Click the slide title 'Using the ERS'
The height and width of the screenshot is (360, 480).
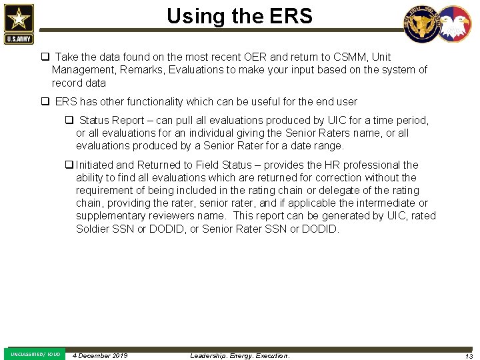(x=239, y=16)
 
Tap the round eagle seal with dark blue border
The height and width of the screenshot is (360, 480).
(x=421, y=25)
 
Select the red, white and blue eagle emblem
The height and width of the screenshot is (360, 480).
(x=455, y=25)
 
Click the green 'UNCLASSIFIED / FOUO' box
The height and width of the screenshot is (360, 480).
(x=35, y=354)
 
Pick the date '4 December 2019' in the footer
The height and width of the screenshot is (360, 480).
(x=100, y=355)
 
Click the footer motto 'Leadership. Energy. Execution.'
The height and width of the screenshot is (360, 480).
(x=240, y=355)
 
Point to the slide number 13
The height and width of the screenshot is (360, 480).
(x=469, y=356)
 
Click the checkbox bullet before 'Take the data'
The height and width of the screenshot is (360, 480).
(x=45, y=57)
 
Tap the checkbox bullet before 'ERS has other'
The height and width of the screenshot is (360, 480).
(x=45, y=102)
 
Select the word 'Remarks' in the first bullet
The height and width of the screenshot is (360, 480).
(x=143, y=70)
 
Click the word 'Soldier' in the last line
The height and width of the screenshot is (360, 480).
(x=94, y=229)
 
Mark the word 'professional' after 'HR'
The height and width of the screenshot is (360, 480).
(x=371, y=165)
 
